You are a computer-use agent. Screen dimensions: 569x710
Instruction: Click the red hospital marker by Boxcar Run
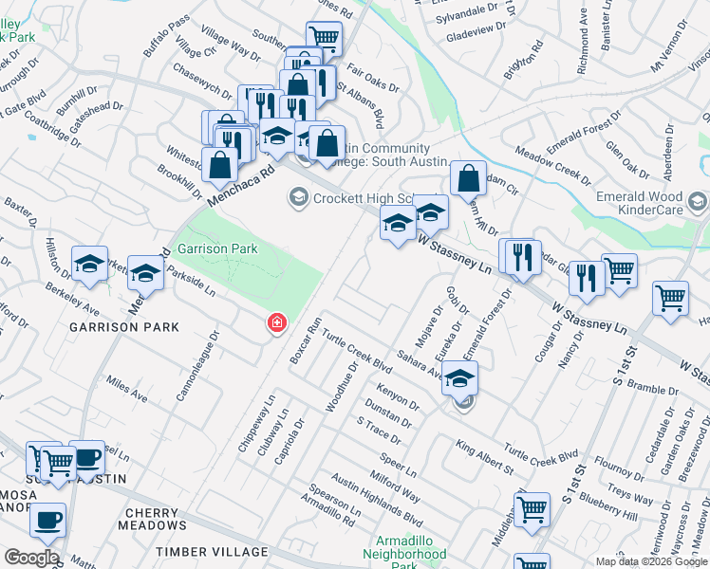(276, 324)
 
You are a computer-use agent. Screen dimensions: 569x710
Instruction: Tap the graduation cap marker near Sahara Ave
(460, 378)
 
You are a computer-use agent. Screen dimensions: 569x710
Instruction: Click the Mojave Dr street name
(424, 327)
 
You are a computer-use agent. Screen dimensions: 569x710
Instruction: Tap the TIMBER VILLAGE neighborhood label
(213, 551)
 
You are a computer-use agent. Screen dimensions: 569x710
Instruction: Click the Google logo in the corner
(32, 558)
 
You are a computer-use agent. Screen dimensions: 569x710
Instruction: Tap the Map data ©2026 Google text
(650, 561)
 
